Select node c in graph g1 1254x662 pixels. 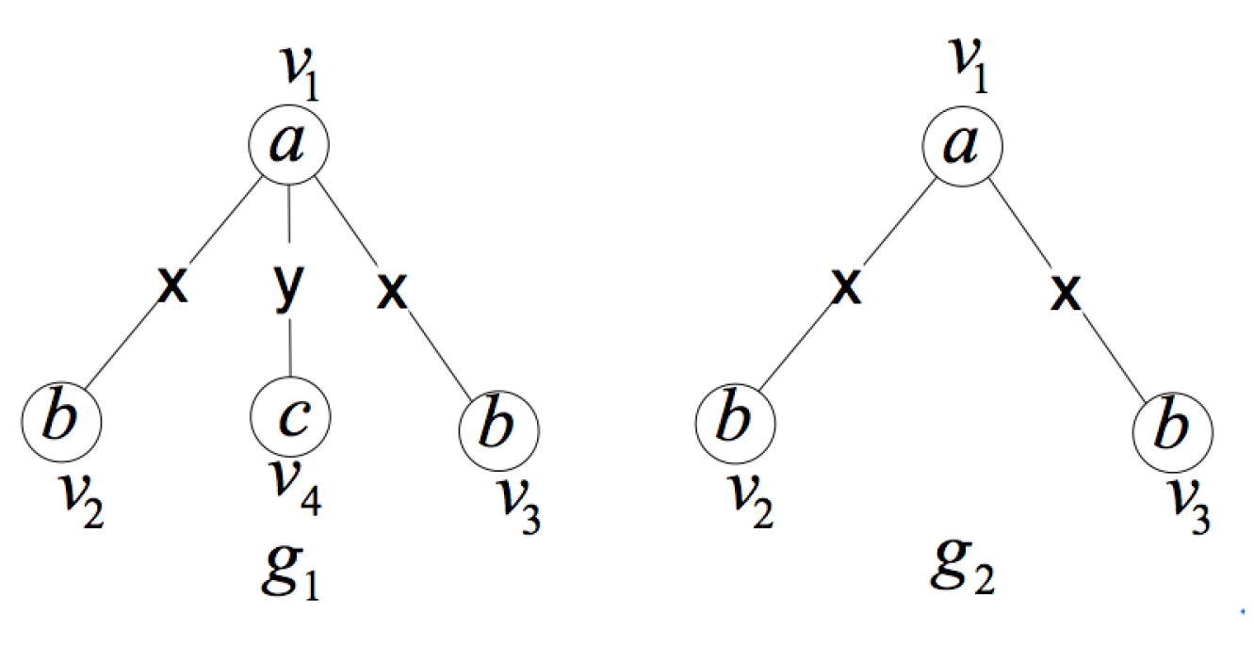(290, 415)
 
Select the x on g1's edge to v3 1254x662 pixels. (392, 291)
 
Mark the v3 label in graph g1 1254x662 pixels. (519, 509)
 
